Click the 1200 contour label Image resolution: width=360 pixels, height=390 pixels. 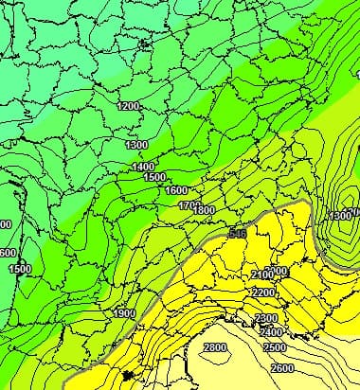129,106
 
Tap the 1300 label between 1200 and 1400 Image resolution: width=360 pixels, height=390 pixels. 136,145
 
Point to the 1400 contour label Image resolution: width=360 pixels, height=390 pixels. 144,167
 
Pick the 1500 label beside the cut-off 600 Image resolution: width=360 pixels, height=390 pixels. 20,269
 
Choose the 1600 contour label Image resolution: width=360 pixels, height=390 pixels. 177,190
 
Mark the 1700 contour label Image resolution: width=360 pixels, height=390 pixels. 189,204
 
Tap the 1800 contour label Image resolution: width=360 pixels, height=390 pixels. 205,210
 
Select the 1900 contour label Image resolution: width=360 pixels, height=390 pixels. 123,313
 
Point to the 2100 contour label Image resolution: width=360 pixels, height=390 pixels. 264,275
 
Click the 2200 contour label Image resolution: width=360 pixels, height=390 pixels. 264,292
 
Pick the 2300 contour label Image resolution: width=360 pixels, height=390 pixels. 266,318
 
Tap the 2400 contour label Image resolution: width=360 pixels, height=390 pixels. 272,332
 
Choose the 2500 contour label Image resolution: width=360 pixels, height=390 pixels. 275,347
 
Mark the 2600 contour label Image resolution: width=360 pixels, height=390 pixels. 281,367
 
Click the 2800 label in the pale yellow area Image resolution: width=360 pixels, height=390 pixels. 215,348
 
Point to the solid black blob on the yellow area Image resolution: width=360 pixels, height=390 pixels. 129,377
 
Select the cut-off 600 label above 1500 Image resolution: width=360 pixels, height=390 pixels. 7,253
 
